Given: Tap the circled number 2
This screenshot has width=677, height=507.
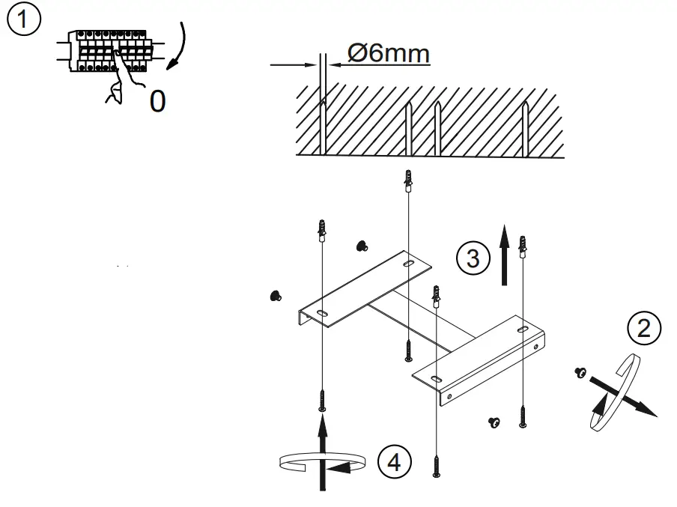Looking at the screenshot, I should pos(646,327).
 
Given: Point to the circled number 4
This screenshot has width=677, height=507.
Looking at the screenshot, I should pos(395,462).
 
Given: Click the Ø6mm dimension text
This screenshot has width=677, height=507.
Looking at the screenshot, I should pos(389,54).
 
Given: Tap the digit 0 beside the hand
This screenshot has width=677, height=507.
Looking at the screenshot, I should pos(157,101).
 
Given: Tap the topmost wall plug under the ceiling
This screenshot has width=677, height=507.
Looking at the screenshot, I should pos(407,182).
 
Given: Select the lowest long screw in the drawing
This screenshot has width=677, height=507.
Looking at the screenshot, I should pos(435,465).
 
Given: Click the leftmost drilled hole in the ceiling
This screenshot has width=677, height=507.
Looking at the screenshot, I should pos(322,127).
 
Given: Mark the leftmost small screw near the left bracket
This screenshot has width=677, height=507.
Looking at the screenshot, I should pos(275,296).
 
